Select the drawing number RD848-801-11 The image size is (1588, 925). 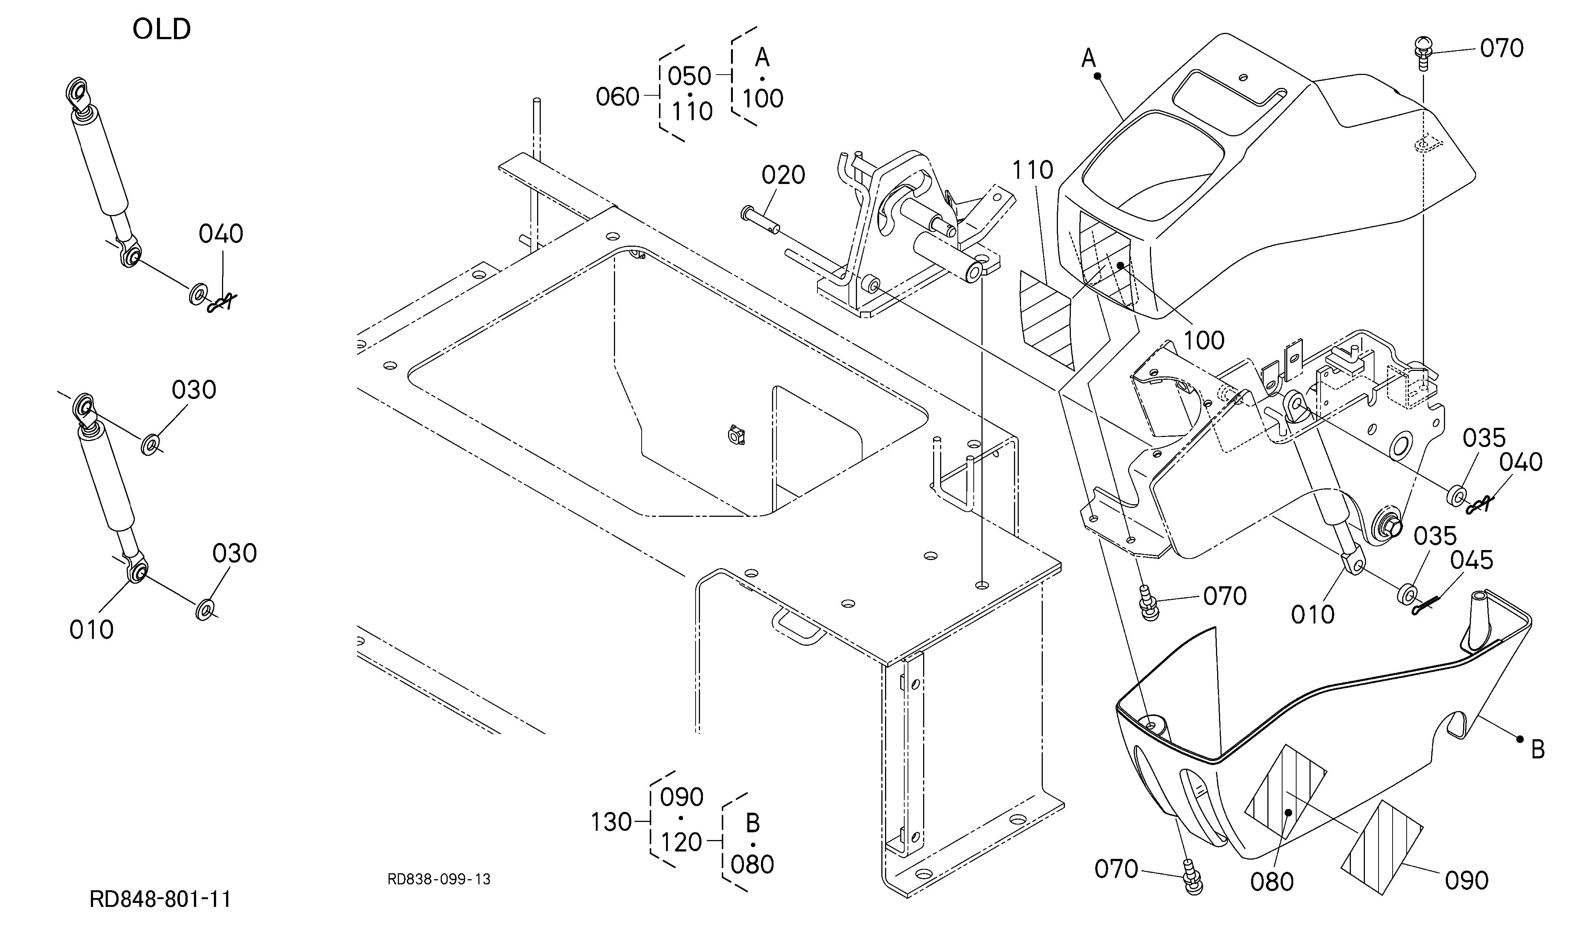(160, 899)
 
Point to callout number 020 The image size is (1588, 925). (783, 175)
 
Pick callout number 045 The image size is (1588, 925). (1471, 560)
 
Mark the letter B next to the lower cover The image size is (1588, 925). (1538, 751)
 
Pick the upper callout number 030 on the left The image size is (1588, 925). (194, 390)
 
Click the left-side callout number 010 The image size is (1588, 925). (91, 629)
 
